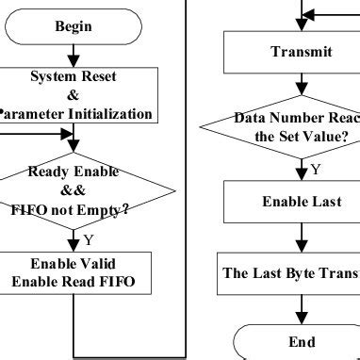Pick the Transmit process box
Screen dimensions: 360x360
coord(301,53)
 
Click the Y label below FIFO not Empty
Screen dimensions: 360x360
coord(88,239)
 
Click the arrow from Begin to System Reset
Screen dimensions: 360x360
coord(74,56)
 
